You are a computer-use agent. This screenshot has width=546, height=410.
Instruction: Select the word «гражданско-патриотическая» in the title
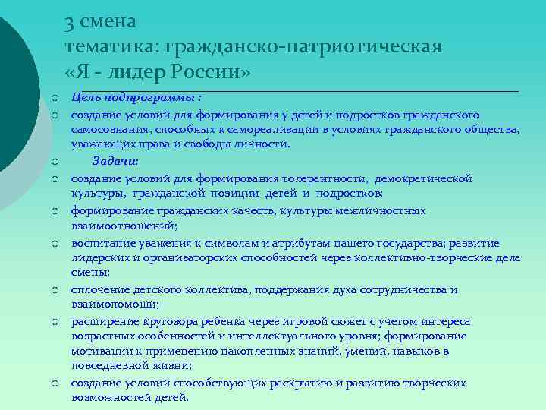303,46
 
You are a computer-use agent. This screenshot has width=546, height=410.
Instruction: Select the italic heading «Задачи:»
115,160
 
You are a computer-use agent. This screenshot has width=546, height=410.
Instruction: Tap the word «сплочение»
98,289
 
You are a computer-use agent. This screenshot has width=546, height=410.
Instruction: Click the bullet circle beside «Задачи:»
56,161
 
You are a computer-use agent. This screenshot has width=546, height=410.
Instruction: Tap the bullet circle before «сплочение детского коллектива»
56,290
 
